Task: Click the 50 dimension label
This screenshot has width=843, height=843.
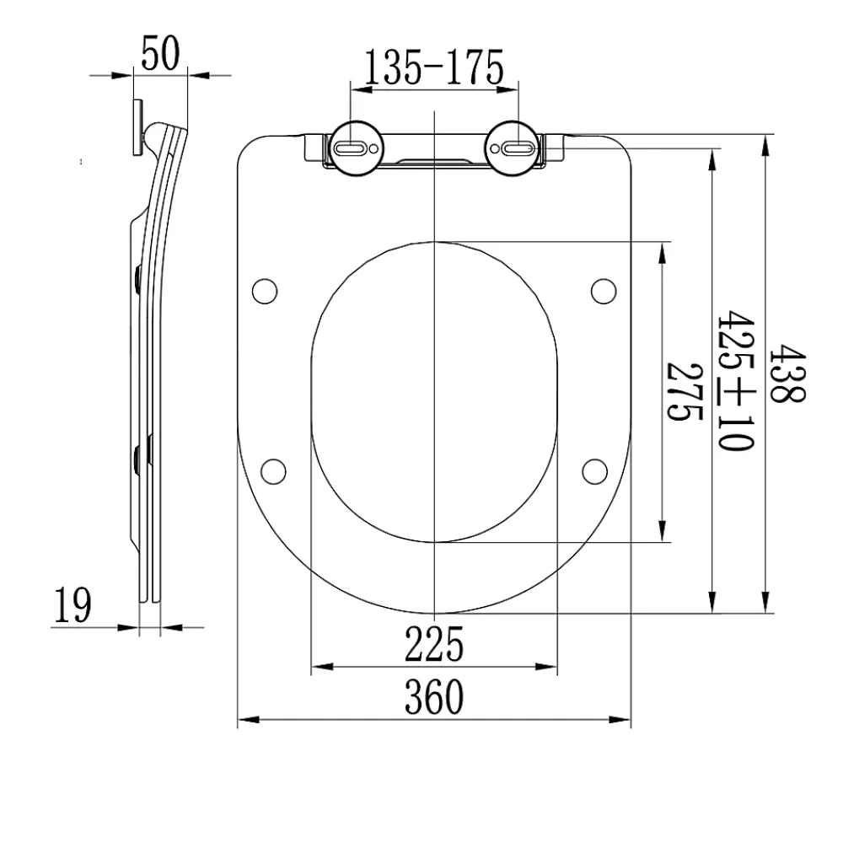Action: pos(160,54)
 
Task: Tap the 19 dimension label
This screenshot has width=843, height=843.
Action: pos(72,604)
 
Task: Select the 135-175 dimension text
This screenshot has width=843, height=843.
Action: pos(434,67)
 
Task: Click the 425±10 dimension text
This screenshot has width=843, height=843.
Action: pos(736,380)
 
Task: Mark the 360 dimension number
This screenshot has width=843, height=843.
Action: pos(434,697)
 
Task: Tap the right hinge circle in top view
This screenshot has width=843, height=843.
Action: pos(513,148)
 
